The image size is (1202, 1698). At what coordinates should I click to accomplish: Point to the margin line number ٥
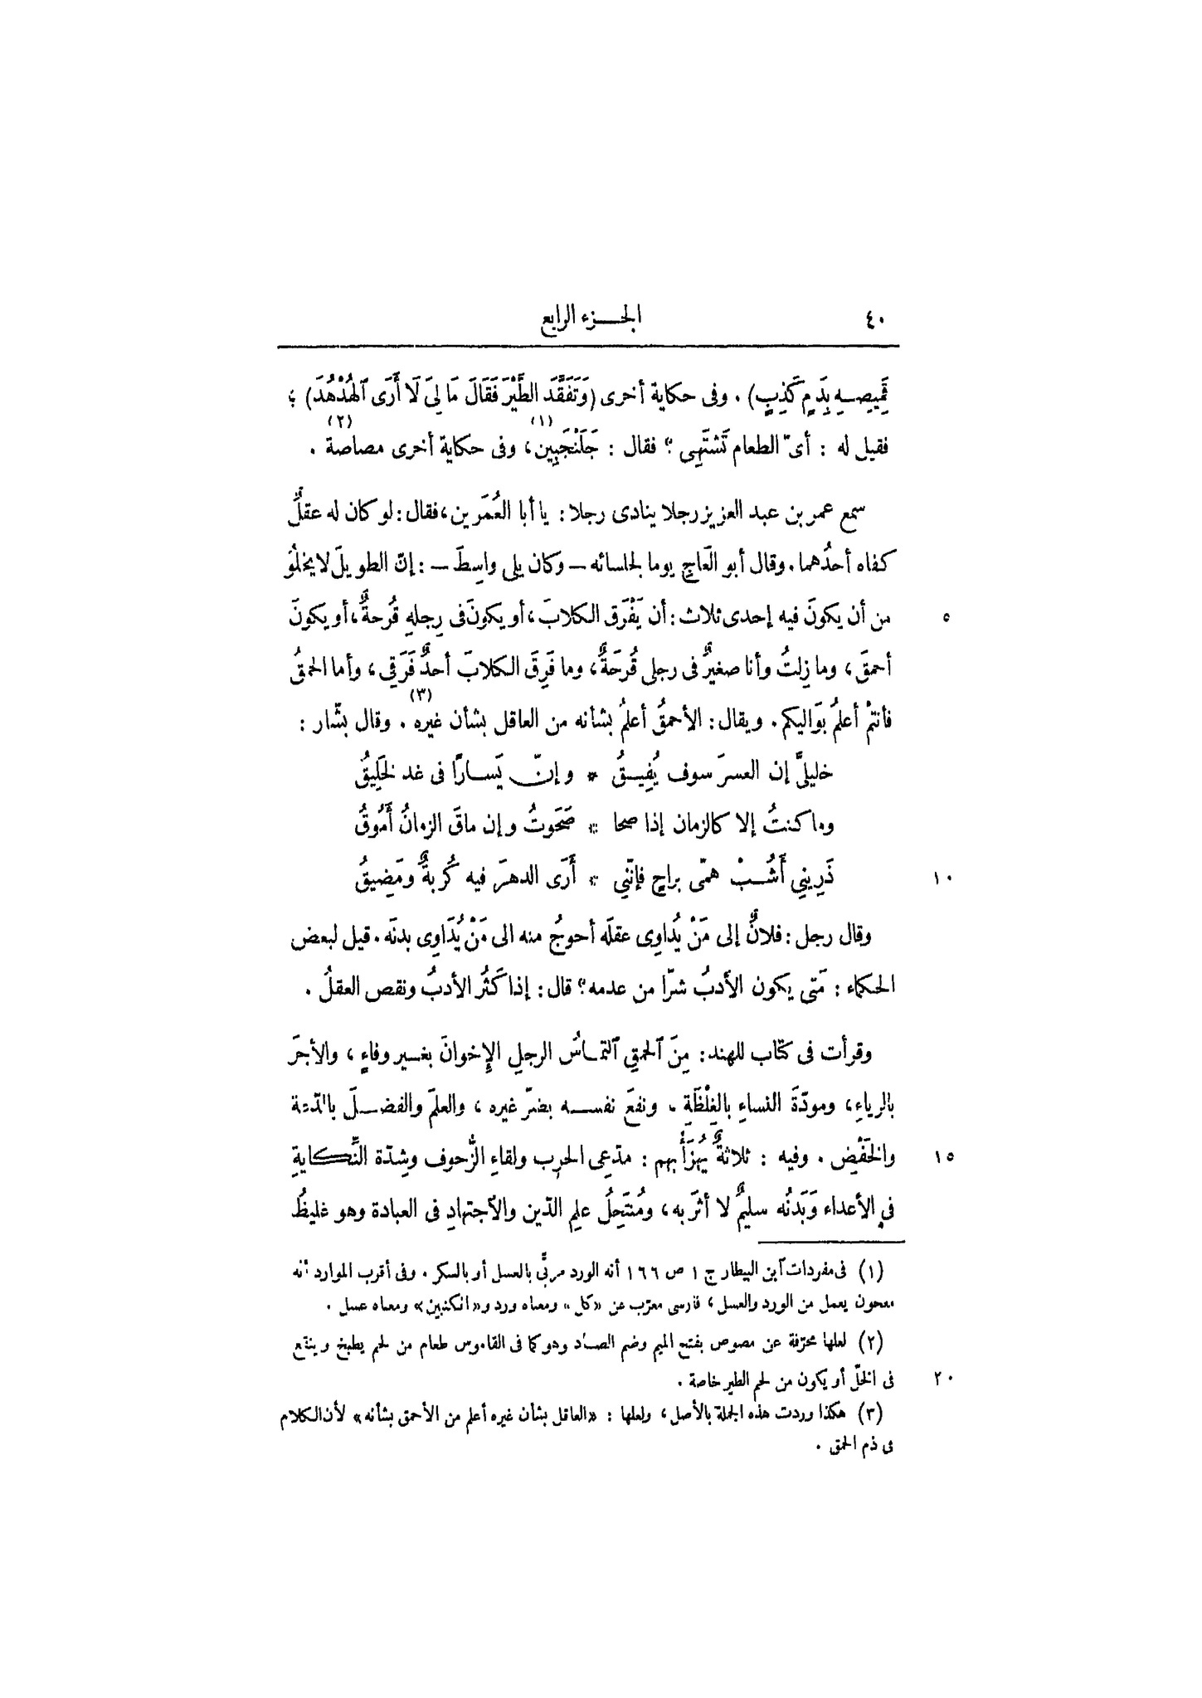tap(947, 617)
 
